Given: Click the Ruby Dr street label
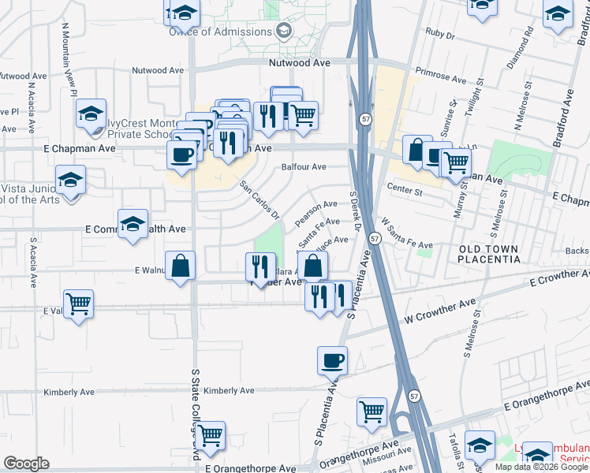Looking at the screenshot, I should pos(441,35).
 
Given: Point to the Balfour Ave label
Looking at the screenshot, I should pos(304,167).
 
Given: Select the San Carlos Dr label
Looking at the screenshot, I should pos(260,199).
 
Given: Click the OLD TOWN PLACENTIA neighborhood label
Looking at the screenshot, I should pos(489,254).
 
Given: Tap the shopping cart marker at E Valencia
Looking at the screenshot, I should pos(78,304).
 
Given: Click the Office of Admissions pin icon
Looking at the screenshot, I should pos(284,31).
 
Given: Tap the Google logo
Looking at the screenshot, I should pos(26,464).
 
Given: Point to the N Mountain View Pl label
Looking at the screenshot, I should pos(69,58).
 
